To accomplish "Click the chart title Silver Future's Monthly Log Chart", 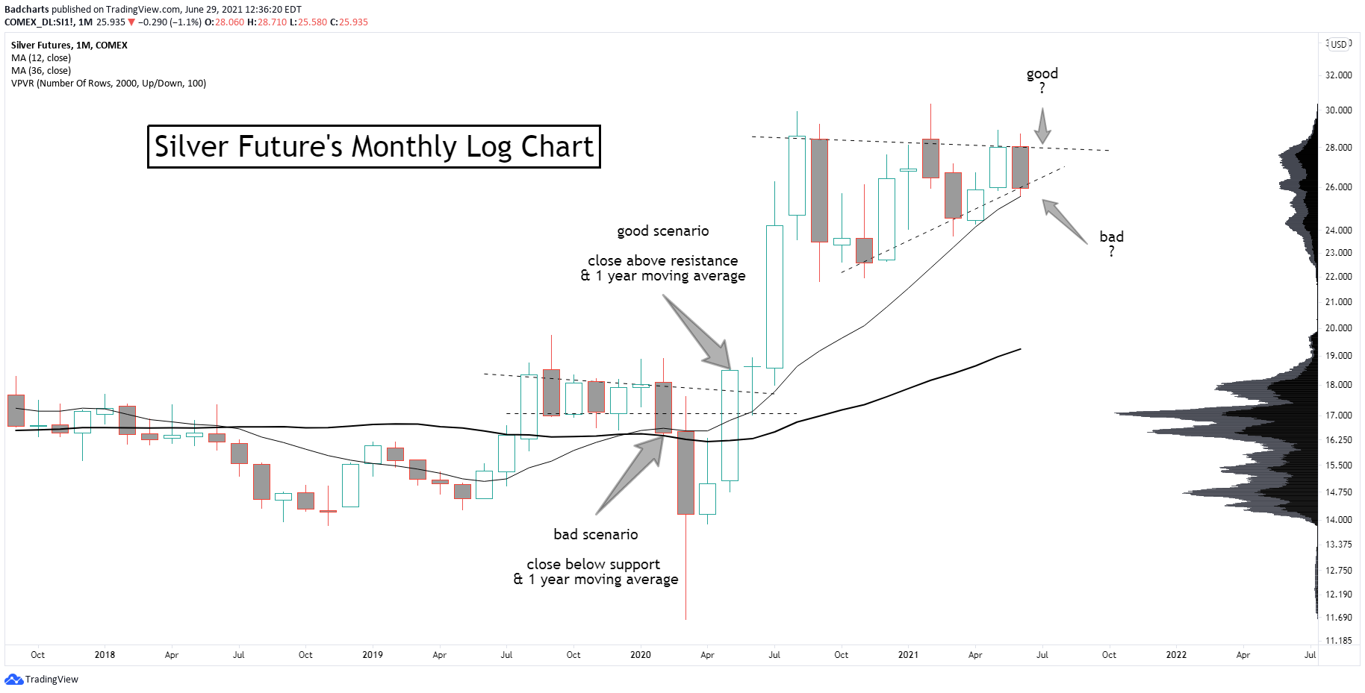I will coord(373,146).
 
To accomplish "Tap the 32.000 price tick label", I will coord(1338,75).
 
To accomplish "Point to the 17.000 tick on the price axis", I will coord(1338,416).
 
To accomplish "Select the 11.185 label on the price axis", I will coord(1338,641).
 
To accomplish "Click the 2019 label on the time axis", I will coord(373,655).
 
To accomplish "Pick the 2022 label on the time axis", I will coord(1176,655).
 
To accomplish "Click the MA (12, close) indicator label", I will coord(41,58).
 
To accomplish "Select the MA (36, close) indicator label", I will coord(41,71).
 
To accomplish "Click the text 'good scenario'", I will coord(663,231).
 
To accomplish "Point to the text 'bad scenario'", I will coord(596,535).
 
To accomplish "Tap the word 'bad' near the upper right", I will coord(1111,237).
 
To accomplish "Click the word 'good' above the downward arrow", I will coord(1042,74).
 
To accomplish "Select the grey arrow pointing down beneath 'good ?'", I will coord(1042,125).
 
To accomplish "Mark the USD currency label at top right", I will coord(1339,44).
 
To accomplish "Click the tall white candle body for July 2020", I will coord(774,296).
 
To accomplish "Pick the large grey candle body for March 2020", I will coord(685,472).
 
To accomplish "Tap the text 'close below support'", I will coord(594,565).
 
